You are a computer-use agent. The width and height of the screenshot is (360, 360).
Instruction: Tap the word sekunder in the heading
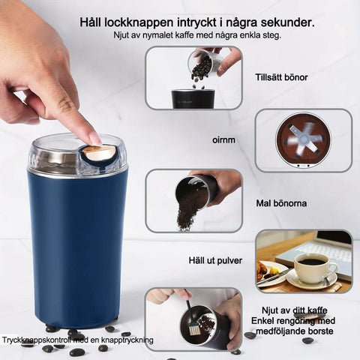287,22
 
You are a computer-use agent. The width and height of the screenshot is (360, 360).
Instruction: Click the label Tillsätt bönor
281,77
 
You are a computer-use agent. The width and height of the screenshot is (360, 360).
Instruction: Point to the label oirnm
223,140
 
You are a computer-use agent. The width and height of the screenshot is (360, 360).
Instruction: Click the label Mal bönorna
281,203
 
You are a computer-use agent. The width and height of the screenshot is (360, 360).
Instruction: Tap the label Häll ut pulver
215,261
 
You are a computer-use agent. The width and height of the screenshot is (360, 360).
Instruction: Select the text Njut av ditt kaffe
294,310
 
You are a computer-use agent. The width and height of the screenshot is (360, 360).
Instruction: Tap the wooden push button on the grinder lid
100,152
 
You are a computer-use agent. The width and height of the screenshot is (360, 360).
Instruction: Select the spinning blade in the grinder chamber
303,140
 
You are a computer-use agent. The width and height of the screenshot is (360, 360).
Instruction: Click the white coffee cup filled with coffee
313,268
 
